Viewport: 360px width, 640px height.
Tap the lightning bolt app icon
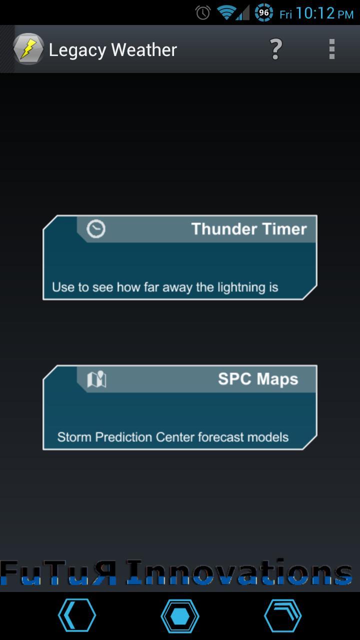pos(28,49)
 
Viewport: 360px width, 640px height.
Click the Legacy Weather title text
pos(113,50)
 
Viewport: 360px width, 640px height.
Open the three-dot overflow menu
pos(331,49)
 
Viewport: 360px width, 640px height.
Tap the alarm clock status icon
pos(203,13)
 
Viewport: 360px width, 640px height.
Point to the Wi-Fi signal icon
pos(226,12)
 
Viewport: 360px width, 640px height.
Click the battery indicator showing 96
pos(263,12)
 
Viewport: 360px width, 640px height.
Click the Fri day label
pos(285,14)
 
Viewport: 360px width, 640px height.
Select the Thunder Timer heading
pos(248,229)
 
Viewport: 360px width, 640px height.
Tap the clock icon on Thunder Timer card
pos(96,229)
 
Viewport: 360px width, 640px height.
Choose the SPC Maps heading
pos(257,379)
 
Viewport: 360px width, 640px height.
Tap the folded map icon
pos(96,379)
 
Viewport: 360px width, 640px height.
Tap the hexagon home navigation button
pos(180,616)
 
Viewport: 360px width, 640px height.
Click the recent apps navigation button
pos(282,616)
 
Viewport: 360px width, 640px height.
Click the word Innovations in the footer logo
pos(239,573)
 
